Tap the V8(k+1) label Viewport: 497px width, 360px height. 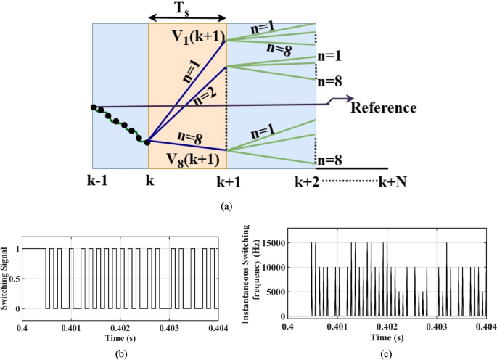[x=187, y=157]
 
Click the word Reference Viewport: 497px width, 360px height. [x=383, y=107]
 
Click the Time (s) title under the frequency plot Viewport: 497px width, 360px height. [x=386, y=337]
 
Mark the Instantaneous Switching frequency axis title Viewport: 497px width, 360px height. [x=250, y=278]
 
